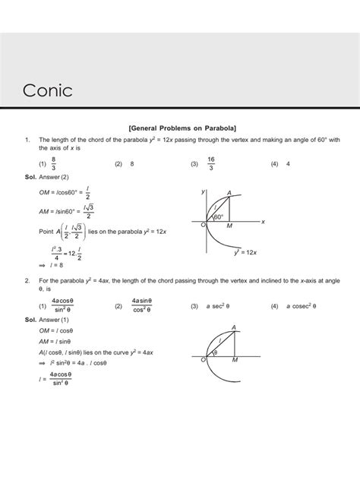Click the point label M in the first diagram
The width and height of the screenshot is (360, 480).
230,226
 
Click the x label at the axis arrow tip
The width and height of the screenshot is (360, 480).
262,221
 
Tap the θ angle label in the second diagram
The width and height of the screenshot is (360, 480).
216,352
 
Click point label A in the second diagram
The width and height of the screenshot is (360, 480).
232,327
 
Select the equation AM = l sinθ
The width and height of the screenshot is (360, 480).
55,342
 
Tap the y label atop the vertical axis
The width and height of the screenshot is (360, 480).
203,192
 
